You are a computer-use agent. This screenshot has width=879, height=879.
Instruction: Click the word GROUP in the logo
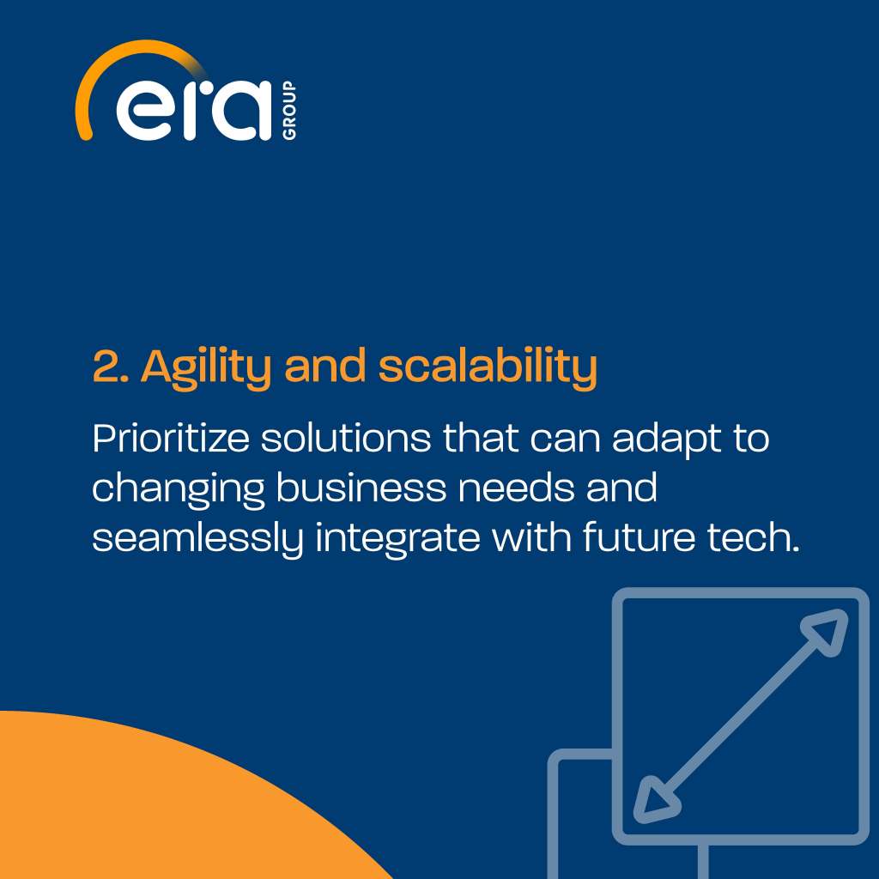(x=289, y=110)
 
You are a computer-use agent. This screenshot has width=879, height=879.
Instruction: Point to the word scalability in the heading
(x=488, y=367)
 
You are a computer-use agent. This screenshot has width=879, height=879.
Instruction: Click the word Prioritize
(x=171, y=439)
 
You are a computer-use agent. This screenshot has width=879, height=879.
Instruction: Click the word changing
(x=178, y=489)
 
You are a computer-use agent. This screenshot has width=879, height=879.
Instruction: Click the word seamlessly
(x=197, y=539)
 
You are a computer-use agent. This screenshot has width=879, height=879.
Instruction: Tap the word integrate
(x=397, y=539)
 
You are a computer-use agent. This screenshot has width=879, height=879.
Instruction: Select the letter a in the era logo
(x=239, y=111)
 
